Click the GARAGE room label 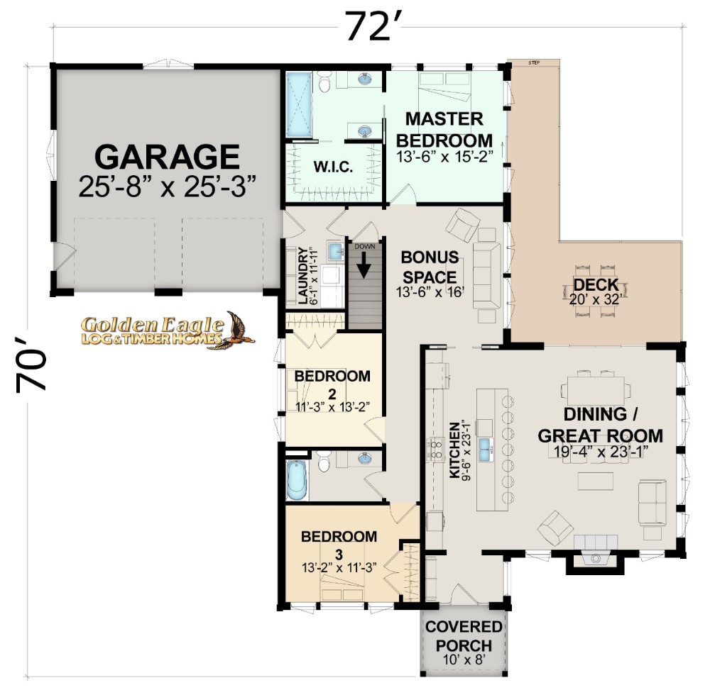pos(167,157)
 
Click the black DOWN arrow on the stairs pos(364,265)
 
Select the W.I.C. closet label pos(333,167)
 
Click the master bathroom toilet pos(324,82)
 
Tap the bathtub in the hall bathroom pos(297,479)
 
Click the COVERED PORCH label pos(464,635)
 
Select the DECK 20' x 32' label pos(596,291)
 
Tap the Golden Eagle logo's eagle pos(236,330)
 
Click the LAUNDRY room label pos(302,275)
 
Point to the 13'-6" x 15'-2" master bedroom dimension pos(444,157)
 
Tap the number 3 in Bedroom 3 pos(339,555)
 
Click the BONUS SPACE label pos(430,267)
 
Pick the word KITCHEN pos(454,450)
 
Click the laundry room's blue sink pos(336,252)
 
